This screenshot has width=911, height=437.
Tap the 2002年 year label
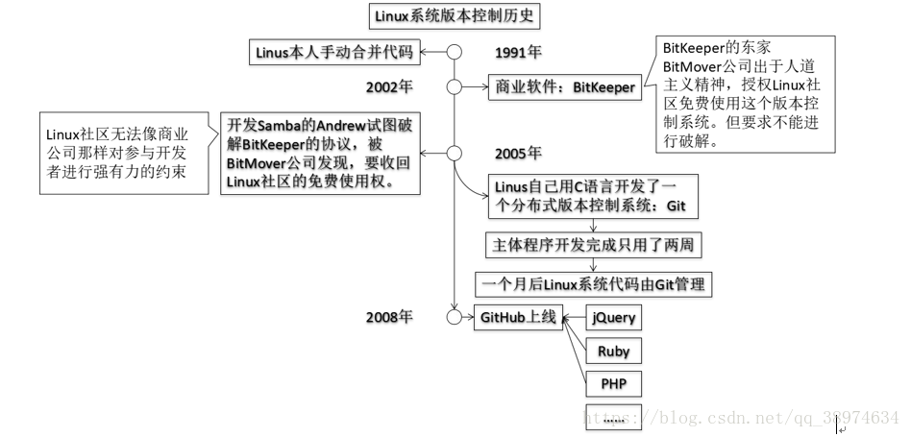click(389, 86)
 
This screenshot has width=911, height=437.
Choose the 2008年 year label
click(389, 317)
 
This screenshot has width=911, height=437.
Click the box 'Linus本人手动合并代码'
click(331, 52)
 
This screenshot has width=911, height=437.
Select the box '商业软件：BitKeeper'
click(565, 87)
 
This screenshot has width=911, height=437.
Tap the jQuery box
click(613, 318)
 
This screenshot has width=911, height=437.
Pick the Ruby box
click(613, 352)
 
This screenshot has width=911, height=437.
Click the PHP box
click(613, 384)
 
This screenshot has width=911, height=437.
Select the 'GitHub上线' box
click(518, 317)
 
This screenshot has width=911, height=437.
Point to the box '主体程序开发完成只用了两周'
click(593, 246)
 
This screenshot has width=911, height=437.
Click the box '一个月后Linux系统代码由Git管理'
click(595, 284)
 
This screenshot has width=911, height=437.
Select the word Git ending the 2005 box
click(683, 206)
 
